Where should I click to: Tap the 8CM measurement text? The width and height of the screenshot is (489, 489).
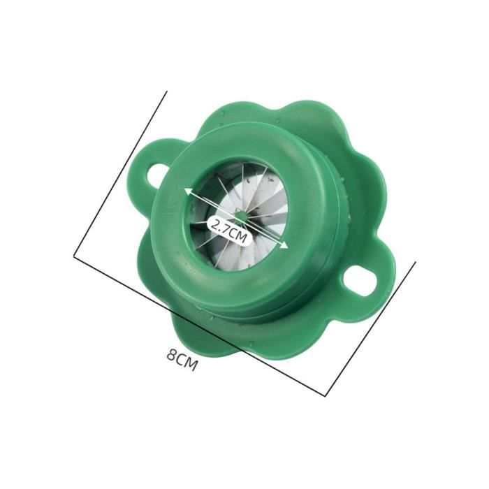pos(182,360)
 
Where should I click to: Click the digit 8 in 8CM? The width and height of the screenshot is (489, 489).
pos(171,355)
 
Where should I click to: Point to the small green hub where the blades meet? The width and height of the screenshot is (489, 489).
pos(240,215)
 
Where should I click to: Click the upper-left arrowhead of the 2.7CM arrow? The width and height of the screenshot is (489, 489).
pos(189,192)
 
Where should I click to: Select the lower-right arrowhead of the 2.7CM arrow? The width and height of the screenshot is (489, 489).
pos(284,245)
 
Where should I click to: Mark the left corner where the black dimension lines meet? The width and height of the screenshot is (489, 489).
pos(74,256)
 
